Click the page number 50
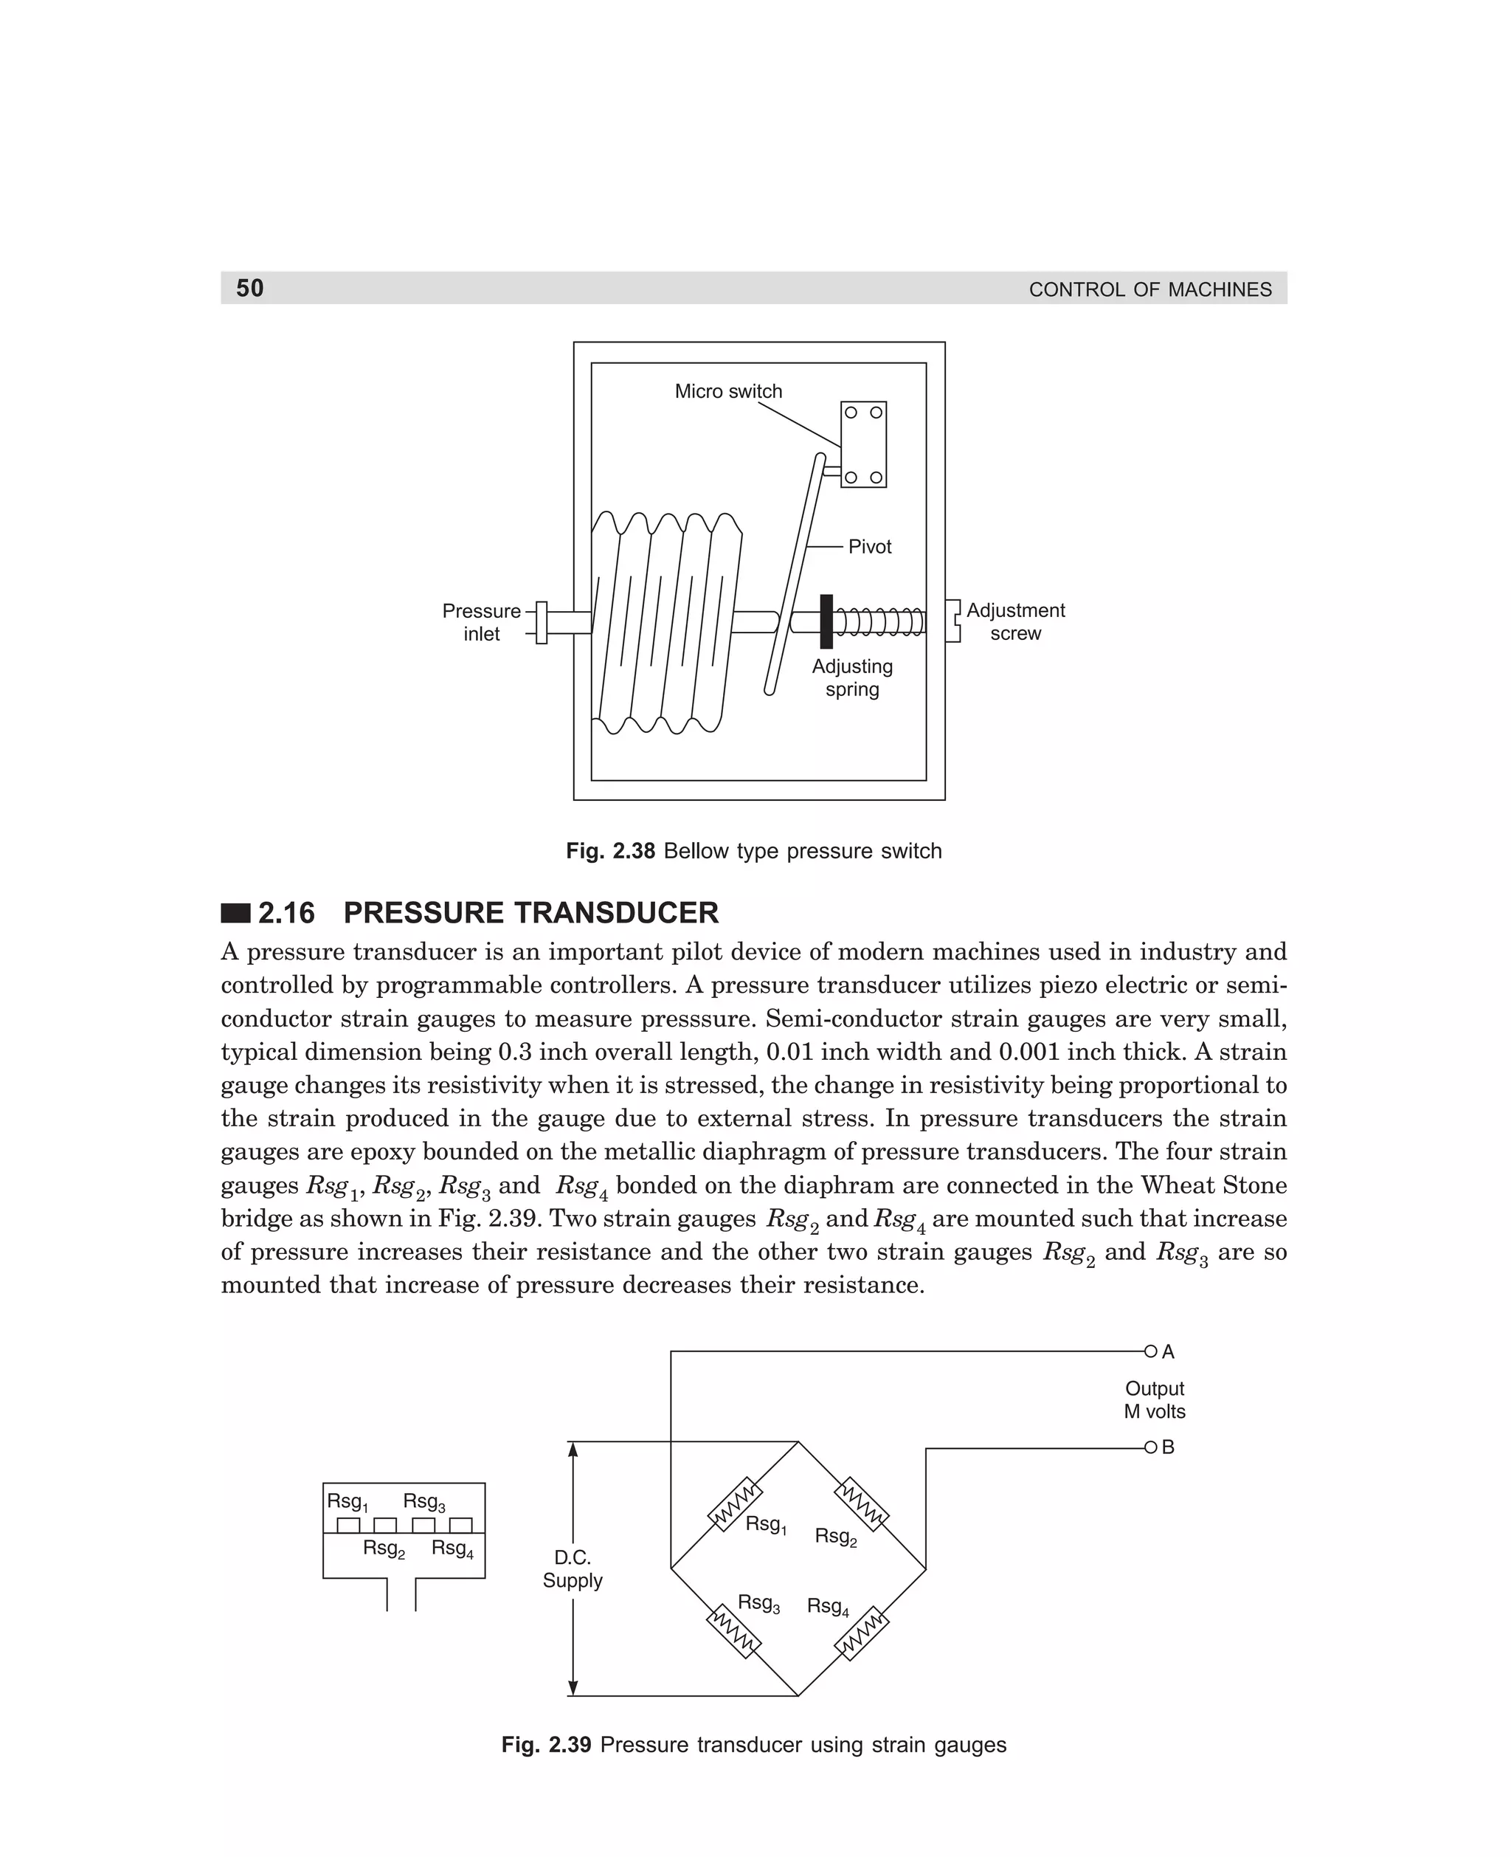pos(250,288)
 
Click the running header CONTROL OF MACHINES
pos(1149,290)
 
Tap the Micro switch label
pos(727,392)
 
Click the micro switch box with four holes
pos(862,444)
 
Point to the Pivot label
pos(870,547)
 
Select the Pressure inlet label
pos(481,621)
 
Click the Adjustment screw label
pos(1015,621)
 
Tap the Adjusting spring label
pos(851,678)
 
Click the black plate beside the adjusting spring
pos(826,621)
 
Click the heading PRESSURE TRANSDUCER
pos(531,912)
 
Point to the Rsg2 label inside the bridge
pos(836,1537)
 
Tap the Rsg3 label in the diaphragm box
pos(424,1502)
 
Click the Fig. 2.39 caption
pos(754,1745)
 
